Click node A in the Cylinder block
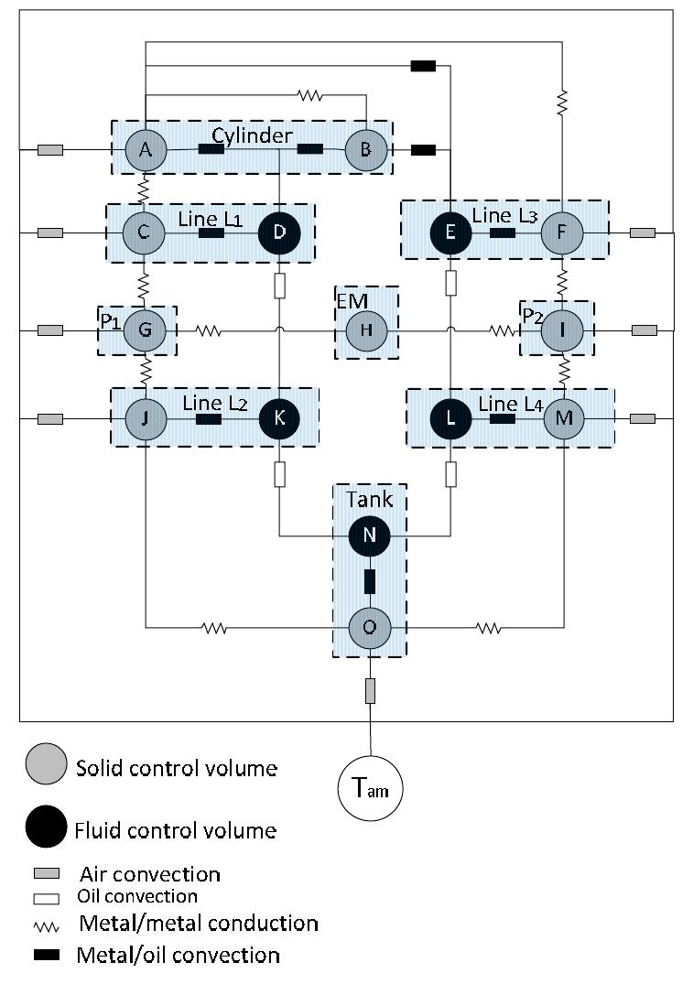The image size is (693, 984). (145, 149)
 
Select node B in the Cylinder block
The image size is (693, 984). (365, 149)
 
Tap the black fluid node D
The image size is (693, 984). (279, 233)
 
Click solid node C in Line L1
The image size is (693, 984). (145, 233)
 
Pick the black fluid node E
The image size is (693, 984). (450, 233)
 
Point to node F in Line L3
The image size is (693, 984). (562, 233)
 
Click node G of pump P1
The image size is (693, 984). (145, 330)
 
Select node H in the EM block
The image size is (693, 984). (365, 330)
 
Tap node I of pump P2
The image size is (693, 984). (562, 330)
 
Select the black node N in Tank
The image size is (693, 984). (370, 536)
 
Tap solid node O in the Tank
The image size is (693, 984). (370, 629)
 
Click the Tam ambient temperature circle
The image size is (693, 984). (371, 788)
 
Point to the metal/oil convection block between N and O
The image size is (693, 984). (370, 582)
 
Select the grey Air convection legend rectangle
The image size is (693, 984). (46, 874)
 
